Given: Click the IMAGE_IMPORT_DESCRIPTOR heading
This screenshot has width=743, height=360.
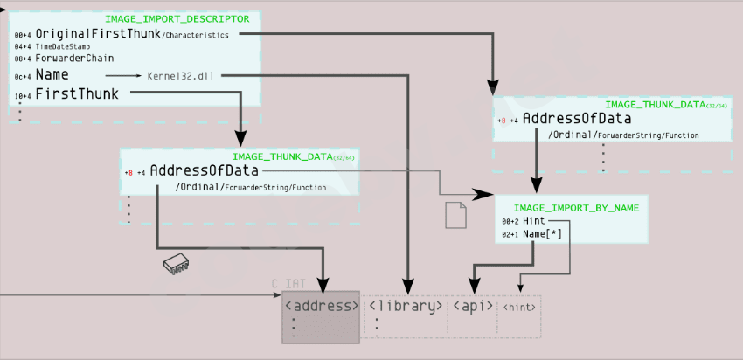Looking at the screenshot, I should pos(177,18).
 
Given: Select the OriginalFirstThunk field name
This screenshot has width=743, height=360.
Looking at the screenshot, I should pos(90,33).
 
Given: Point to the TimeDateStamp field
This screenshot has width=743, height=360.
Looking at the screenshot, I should pos(63,46).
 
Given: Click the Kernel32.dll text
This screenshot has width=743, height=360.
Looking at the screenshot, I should pos(182,75).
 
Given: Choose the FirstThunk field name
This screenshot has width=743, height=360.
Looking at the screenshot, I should pos(77,93).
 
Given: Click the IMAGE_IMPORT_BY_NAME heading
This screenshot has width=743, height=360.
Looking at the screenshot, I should pos(576,207).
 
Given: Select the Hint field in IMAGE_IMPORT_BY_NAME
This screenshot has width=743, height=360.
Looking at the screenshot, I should pos(534,222).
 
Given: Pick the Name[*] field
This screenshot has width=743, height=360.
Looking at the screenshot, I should pos(542,235).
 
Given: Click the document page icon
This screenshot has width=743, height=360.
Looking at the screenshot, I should pos(456,215).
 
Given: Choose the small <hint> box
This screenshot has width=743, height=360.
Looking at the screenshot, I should pos(519,308).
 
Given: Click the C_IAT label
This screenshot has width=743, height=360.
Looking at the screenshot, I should pos(287,284).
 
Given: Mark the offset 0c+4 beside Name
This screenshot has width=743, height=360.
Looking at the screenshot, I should pos(22,76).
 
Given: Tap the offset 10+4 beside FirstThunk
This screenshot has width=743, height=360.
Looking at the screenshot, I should pos(22,94).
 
